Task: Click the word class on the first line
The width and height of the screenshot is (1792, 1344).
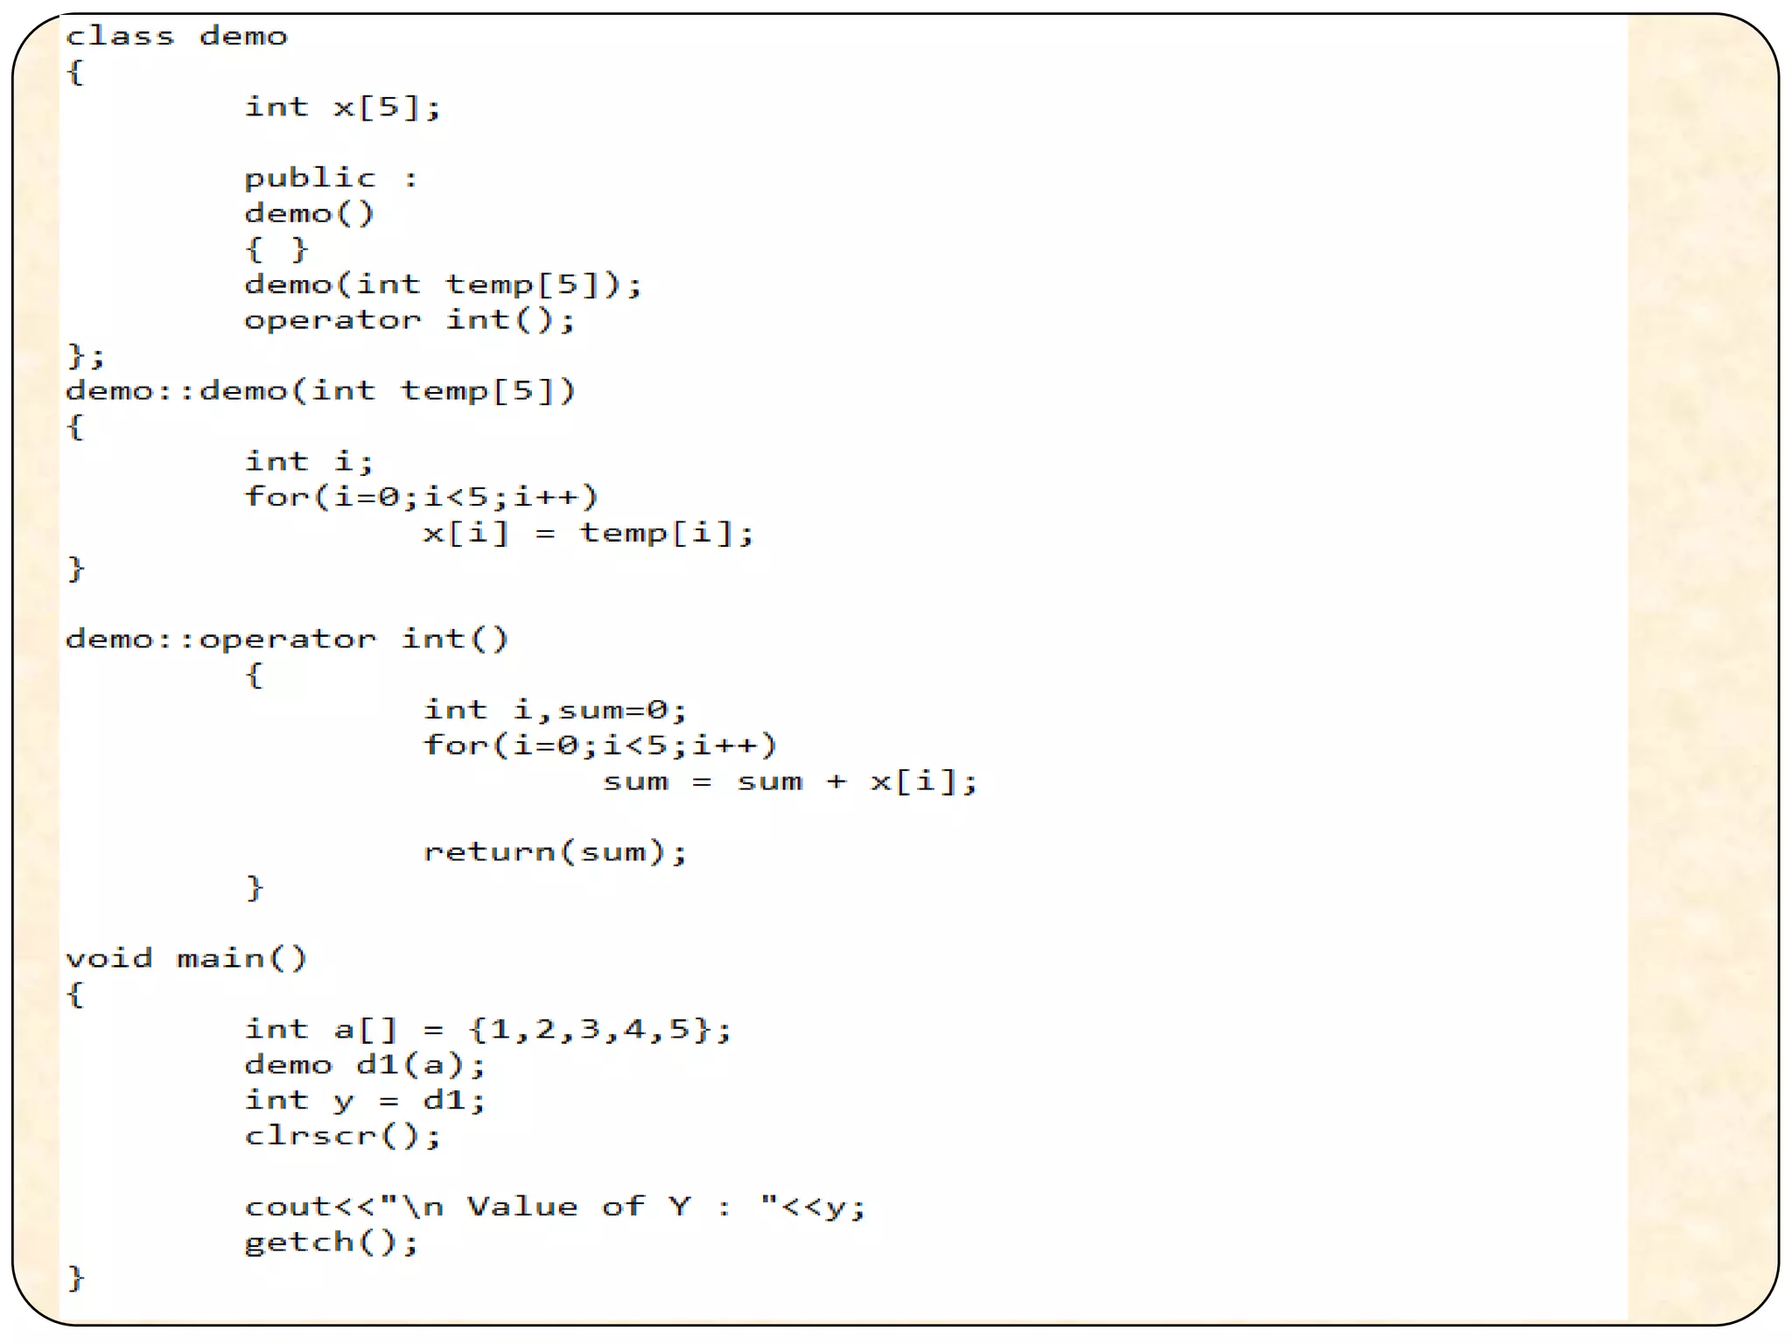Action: click(120, 37)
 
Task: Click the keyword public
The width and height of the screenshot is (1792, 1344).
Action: click(310, 178)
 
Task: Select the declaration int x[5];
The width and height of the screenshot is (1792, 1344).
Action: click(342, 108)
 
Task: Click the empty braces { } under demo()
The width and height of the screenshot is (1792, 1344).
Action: click(276, 249)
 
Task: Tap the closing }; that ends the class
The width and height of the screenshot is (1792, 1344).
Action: click(86, 356)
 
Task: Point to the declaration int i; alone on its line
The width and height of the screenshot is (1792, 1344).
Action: click(309, 461)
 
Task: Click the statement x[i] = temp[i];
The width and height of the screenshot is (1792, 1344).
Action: click(587, 533)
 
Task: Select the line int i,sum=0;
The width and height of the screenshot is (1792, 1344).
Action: click(555, 710)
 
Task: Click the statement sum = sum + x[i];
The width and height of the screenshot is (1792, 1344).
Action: click(789, 780)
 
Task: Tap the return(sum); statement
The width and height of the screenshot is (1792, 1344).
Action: click(555, 851)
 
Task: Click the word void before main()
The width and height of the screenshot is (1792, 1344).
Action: click(109, 958)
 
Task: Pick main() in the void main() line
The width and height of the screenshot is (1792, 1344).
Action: click(241, 958)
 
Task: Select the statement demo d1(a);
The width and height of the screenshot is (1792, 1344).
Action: click(364, 1065)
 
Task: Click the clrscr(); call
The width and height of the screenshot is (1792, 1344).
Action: click(342, 1136)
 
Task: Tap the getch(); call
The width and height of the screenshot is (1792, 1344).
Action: click(332, 1242)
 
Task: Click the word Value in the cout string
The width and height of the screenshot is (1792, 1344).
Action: click(522, 1207)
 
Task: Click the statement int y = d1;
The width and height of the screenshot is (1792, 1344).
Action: click(364, 1100)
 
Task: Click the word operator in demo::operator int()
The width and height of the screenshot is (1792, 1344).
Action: click(288, 639)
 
